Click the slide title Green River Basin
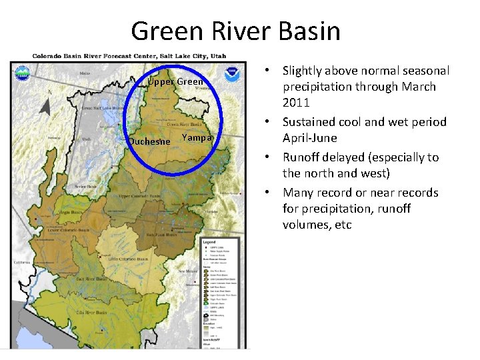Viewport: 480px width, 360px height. point(235,31)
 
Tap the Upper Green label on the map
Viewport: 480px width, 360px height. point(175,82)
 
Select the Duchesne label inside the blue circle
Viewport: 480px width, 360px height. point(150,141)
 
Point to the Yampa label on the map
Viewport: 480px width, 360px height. point(197,137)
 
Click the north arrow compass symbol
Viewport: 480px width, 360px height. point(45,106)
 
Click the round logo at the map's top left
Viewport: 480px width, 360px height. point(22,72)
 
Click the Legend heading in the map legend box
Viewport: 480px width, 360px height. point(210,241)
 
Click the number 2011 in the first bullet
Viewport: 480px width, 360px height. point(296,103)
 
